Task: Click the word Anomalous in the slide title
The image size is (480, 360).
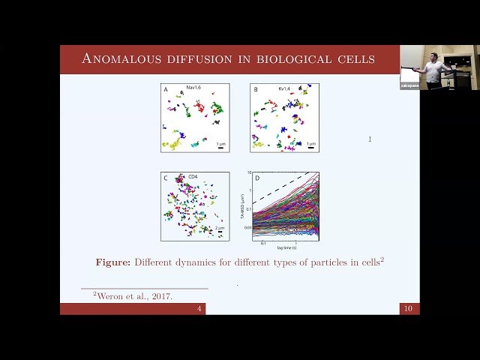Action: tap(119, 58)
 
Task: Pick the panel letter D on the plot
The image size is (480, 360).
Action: tap(257, 178)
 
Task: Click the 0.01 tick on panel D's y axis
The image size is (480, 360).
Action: tap(246, 226)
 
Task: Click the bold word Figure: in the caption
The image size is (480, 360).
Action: tap(113, 262)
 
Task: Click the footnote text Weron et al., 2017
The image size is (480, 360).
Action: tap(135, 296)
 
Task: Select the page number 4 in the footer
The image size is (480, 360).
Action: tap(199, 309)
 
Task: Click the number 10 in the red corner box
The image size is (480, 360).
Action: tap(409, 309)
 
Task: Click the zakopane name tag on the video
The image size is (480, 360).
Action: tap(409, 85)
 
